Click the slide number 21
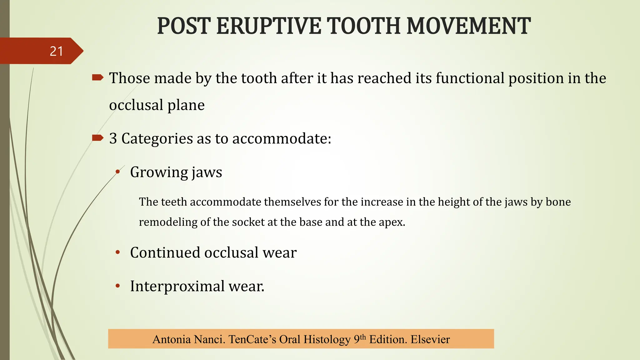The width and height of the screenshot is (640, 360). (57, 51)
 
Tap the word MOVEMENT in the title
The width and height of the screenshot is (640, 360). (468, 26)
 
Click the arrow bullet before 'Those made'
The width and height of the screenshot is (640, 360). (97, 77)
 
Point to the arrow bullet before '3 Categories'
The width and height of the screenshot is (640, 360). (97, 138)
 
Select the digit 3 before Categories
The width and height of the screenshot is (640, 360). (113, 138)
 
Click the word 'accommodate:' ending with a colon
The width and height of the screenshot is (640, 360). (282, 138)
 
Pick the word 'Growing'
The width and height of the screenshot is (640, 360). (159, 172)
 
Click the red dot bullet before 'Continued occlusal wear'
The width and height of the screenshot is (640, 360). (118, 252)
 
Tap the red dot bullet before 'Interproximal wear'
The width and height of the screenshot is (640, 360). (118, 286)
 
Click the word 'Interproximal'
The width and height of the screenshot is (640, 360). (177, 286)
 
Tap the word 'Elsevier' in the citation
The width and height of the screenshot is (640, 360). (430, 339)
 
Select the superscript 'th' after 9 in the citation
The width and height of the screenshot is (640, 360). (362, 337)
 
